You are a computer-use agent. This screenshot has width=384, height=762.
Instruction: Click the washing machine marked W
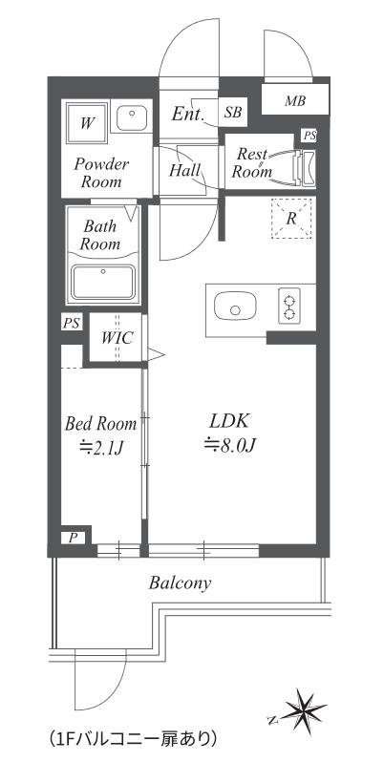point(87,122)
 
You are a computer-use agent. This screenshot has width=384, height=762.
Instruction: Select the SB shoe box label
point(233,113)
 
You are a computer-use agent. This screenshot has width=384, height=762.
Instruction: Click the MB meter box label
point(295,101)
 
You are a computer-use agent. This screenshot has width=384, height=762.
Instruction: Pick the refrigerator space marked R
point(291,219)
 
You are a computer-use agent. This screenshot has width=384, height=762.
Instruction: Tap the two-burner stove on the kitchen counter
point(289,307)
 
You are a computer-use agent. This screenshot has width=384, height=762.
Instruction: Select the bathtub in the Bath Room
point(102,282)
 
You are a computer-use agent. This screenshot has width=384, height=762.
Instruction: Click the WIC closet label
point(117,338)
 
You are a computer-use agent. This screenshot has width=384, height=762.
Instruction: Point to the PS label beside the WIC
point(72,323)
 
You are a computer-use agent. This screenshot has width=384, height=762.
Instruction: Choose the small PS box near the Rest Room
point(309,136)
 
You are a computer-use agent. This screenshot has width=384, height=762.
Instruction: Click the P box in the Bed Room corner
point(73,538)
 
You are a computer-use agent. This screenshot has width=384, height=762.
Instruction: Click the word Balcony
point(180,582)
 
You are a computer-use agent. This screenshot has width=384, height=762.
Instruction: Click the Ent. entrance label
point(187,115)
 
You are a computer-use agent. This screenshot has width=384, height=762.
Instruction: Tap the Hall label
point(184,171)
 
